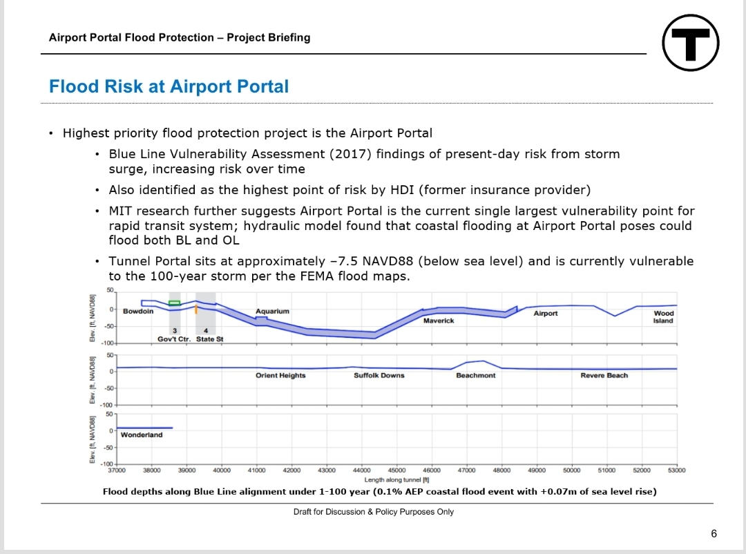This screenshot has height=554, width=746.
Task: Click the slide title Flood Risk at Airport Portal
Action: pyautogui.click(x=169, y=86)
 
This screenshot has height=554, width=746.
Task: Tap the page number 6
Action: pyautogui.click(x=714, y=533)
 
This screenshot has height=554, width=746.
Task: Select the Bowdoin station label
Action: pyautogui.click(x=138, y=312)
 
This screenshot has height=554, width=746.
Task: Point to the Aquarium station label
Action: pyautogui.click(x=271, y=312)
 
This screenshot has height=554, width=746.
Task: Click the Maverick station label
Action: pyautogui.click(x=439, y=321)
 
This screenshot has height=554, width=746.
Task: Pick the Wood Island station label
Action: pyautogui.click(x=663, y=317)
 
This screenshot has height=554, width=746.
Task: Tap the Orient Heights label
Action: pyautogui.click(x=280, y=376)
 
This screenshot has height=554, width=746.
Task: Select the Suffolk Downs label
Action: pyautogui.click(x=379, y=376)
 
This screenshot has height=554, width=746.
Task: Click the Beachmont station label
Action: pyautogui.click(x=475, y=376)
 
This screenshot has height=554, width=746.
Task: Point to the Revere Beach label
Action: pyautogui.click(x=604, y=376)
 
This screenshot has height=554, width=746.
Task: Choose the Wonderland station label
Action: pyautogui.click(x=141, y=435)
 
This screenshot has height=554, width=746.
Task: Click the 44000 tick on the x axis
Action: pyautogui.click(x=362, y=470)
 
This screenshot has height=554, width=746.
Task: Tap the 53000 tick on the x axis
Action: pyautogui.click(x=676, y=470)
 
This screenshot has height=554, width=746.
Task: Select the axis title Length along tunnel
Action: pyautogui.click(x=396, y=479)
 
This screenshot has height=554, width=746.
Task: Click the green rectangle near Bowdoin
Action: pyautogui.click(x=175, y=303)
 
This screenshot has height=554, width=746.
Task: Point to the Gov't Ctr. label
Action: pyautogui.click(x=174, y=339)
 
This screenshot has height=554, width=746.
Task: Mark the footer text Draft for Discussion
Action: pyautogui.click(x=374, y=512)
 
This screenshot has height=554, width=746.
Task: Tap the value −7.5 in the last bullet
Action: pyautogui.click(x=338, y=261)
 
